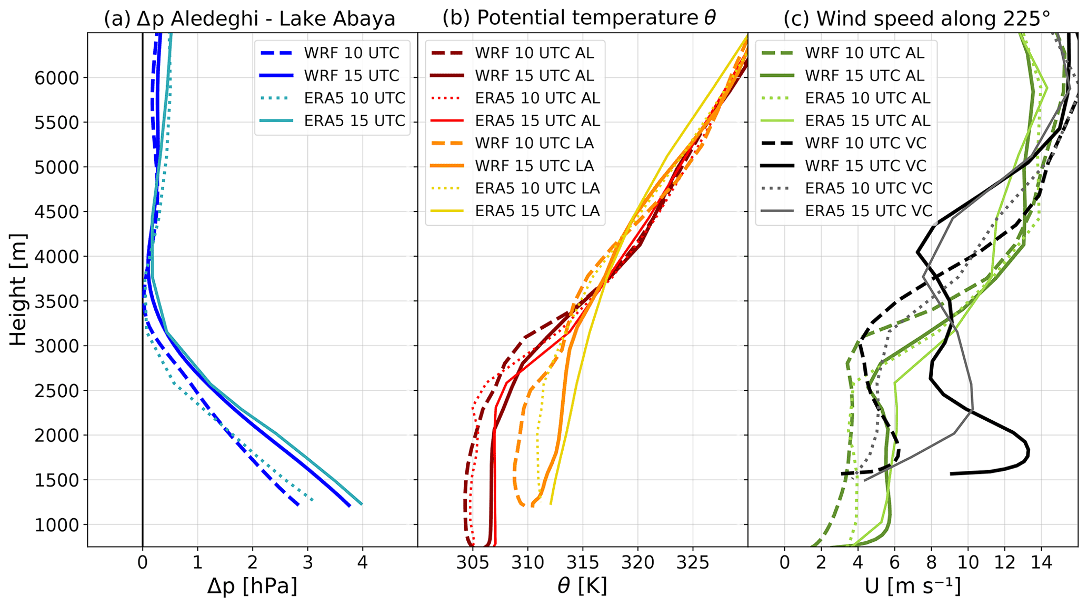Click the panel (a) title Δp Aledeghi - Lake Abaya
(249, 19)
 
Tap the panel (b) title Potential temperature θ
(579, 18)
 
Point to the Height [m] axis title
(18, 290)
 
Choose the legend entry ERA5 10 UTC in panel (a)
(354, 98)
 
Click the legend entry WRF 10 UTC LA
(534, 143)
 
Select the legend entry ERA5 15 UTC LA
(537, 211)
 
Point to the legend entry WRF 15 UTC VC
(865, 166)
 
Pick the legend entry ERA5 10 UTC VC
(869, 188)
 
